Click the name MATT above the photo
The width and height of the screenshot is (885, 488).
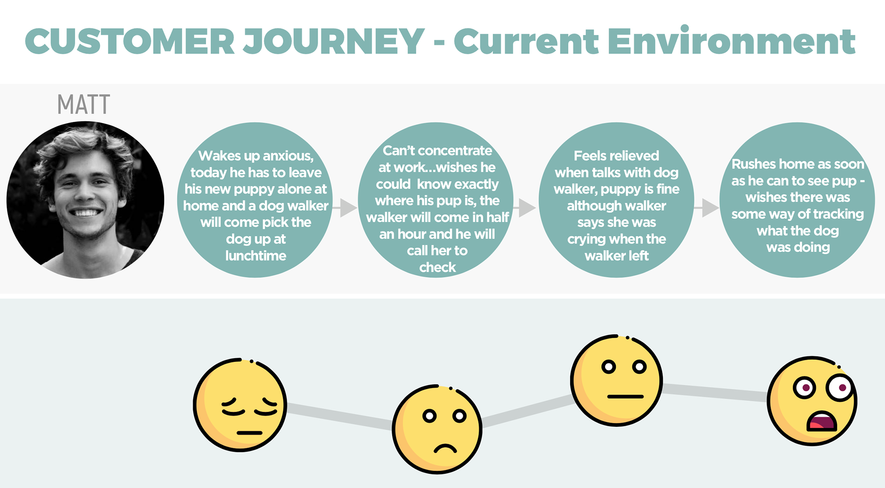[x=83, y=104]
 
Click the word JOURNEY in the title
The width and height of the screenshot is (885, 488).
[x=333, y=41]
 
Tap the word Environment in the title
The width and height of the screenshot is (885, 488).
[x=731, y=41]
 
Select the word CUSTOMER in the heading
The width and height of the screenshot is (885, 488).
[x=130, y=41]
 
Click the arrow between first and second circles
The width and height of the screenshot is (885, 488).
[x=344, y=208]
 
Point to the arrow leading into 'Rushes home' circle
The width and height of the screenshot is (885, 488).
[x=706, y=208]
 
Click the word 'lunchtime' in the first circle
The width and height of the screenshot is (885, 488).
[x=256, y=256]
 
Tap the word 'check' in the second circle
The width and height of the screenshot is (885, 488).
[x=437, y=267]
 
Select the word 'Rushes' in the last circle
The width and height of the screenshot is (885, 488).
[x=753, y=164]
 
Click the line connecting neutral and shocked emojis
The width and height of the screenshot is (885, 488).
[x=715, y=392]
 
